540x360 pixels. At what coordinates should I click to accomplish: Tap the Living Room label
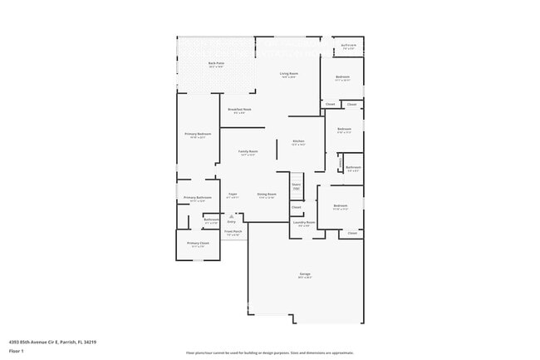[x=288, y=73]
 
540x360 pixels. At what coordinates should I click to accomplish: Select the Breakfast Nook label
[x=240, y=109]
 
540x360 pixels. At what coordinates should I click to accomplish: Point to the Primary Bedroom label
[x=198, y=134]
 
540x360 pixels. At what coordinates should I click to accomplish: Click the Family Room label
[x=248, y=151]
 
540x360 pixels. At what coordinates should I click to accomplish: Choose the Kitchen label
[x=298, y=141]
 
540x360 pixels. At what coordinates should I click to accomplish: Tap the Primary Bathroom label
[x=198, y=198]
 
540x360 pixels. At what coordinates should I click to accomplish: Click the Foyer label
[x=233, y=194]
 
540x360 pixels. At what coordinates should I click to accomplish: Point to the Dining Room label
[x=266, y=194]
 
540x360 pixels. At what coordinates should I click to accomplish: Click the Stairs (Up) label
[x=296, y=186]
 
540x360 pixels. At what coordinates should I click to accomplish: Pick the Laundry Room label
[x=303, y=222]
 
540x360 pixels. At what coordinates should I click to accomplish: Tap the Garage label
[x=305, y=274]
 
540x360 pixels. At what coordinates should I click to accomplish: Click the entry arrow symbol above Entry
[x=232, y=215]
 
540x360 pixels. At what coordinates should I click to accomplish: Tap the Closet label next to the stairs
[x=296, y=207]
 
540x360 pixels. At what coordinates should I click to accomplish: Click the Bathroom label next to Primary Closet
[x=211, y=219]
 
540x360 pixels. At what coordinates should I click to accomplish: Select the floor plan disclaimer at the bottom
[x=269, y=353]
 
